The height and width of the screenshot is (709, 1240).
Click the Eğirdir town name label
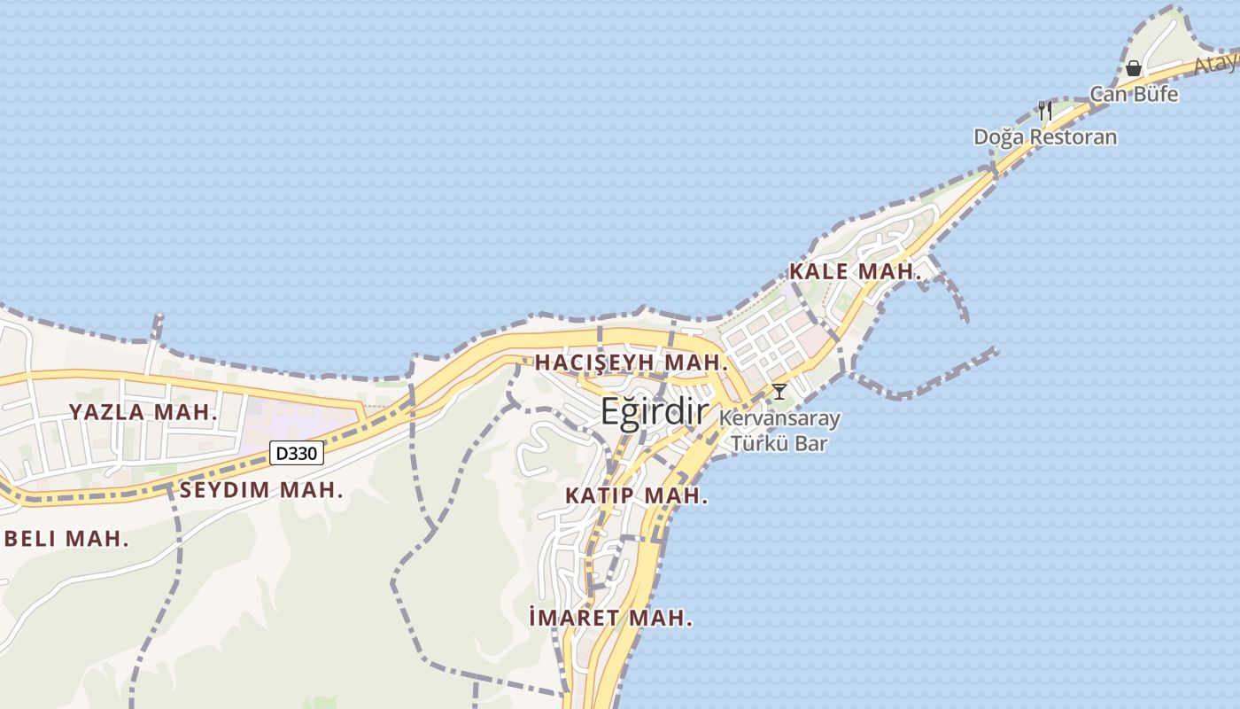(655, 412)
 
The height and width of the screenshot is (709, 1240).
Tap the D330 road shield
(297, 454)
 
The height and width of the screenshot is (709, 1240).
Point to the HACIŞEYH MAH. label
(631, 362)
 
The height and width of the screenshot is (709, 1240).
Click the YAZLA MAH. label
(143, 412)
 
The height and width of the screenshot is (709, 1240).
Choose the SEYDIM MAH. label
(261, 490)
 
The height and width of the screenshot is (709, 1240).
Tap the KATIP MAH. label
(636, 496)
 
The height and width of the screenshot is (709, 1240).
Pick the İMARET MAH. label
(609, 619)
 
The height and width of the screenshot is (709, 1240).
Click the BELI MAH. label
(66, 539)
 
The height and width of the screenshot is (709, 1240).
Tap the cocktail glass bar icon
(779, 391)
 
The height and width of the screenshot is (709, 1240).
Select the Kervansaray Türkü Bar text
(779, 430)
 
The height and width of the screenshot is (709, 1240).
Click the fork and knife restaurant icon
(1045, 111)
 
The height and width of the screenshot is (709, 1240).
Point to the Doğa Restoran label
(1045, 137)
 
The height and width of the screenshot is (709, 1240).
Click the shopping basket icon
(1133, 68)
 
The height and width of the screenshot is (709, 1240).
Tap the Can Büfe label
(1134, 94)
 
